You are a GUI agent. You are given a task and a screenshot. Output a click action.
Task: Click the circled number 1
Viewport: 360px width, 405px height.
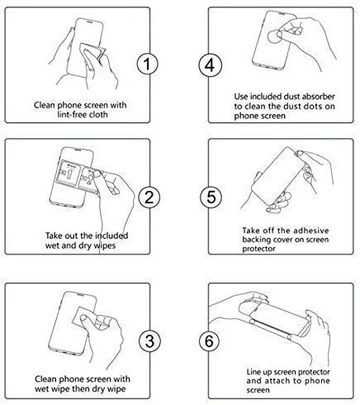click(148, 64)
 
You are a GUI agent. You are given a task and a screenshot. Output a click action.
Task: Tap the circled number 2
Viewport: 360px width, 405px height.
click(149, 196)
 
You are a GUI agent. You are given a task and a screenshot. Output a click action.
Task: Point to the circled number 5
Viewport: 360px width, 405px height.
click(211, 197)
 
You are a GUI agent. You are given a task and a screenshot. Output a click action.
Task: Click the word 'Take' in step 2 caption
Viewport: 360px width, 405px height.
click(55, 236)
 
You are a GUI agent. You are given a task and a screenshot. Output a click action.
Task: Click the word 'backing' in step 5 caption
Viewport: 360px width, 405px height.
click(257, 241)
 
